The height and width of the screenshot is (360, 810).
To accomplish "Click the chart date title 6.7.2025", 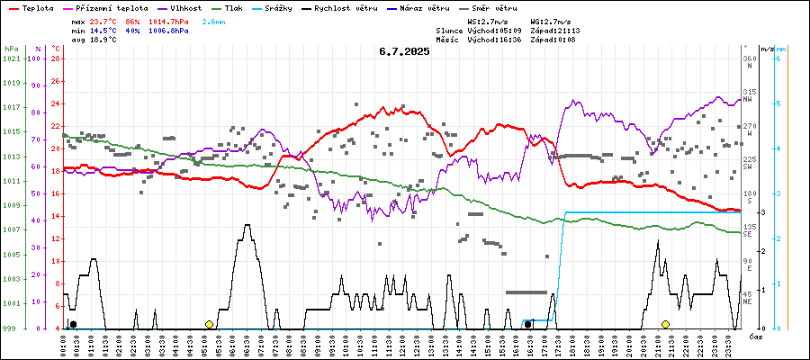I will click(x=404, y=51).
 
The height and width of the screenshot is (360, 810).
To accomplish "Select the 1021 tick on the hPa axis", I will click(x=11, y=58).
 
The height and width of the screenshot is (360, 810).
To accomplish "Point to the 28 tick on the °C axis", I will click(x=55, y=58).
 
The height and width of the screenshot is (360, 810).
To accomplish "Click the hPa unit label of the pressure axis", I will click(x=11, y=48).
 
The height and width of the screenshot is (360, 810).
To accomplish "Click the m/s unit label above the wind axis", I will click(x=766, y=48).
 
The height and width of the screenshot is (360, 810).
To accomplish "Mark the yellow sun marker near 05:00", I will click(x=209, y=324).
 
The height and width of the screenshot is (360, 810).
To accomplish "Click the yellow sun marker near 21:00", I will click(x=665, y=324).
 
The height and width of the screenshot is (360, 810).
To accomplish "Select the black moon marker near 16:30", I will click(x=527, y=324).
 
